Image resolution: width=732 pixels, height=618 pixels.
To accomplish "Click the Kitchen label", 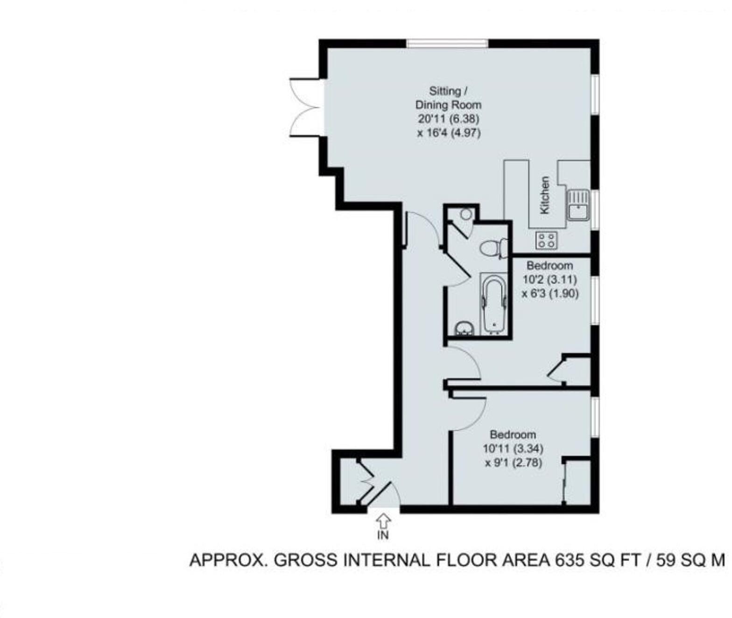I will (x=544, y=195).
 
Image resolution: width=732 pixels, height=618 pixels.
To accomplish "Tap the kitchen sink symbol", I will (x=578, y=205).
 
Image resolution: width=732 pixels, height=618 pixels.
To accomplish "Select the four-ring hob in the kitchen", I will (x=546, y=240).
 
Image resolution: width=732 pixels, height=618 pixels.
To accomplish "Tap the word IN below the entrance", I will (x=383, y=535).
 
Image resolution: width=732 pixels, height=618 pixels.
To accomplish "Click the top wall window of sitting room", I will (x=447, y=43).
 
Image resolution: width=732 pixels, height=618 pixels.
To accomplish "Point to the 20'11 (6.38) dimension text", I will (x=448, y=119).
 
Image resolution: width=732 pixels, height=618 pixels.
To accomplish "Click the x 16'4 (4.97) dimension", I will (x=448, y=133).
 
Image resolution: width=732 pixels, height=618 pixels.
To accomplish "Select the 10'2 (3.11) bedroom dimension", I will (x=549, y=279).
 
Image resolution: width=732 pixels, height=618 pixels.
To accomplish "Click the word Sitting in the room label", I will (x=444, y=91).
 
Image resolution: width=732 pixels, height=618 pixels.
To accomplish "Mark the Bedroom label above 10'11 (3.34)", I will (x=513, y=434).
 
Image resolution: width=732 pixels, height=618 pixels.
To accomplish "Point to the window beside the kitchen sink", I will (x=595, y=209).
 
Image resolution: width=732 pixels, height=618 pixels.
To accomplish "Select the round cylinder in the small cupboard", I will (x=465, y=214).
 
